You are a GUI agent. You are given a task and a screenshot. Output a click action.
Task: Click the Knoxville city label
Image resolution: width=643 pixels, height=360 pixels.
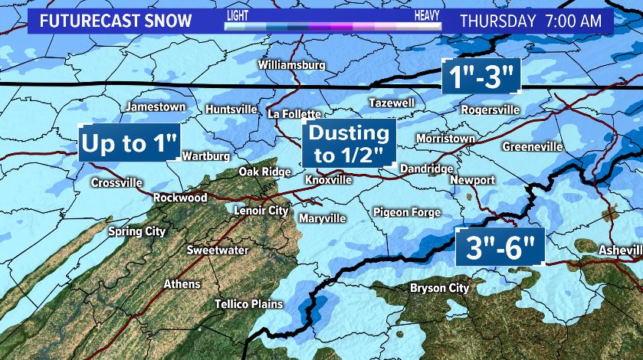[328, 180]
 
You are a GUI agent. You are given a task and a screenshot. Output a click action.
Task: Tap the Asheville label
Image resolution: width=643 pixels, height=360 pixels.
[621, 250]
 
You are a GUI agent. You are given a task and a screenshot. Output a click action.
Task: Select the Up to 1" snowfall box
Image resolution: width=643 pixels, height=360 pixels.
[130, 143]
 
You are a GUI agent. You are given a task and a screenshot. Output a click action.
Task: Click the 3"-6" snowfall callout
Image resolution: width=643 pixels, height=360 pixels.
[500, 247]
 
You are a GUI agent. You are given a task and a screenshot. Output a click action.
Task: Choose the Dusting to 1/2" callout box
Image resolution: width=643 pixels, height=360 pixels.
[349, 143]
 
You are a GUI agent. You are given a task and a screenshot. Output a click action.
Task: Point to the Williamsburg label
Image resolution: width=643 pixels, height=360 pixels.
[291, 65]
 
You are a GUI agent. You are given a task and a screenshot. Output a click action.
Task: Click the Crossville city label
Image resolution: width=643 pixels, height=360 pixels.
[116, 183]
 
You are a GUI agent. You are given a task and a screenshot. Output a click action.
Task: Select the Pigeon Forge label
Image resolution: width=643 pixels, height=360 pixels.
[407, 212]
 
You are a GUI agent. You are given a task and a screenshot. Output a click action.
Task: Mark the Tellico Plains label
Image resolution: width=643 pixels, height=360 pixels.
[249, 304]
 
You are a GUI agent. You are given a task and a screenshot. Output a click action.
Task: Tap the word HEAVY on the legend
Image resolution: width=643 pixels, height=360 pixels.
[427, 15]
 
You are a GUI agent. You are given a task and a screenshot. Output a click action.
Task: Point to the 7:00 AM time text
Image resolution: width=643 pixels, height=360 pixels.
[572, 21]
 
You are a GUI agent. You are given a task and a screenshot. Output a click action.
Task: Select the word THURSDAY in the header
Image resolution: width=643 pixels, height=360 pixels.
[497, 21]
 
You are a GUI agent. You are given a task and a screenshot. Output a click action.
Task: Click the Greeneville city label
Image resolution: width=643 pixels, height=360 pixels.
[533, 146]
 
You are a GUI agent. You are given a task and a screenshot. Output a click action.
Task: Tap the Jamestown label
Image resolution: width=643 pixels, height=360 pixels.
[156, 107]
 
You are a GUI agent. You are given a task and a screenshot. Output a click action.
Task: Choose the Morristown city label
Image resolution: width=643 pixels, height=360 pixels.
[445, 139]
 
